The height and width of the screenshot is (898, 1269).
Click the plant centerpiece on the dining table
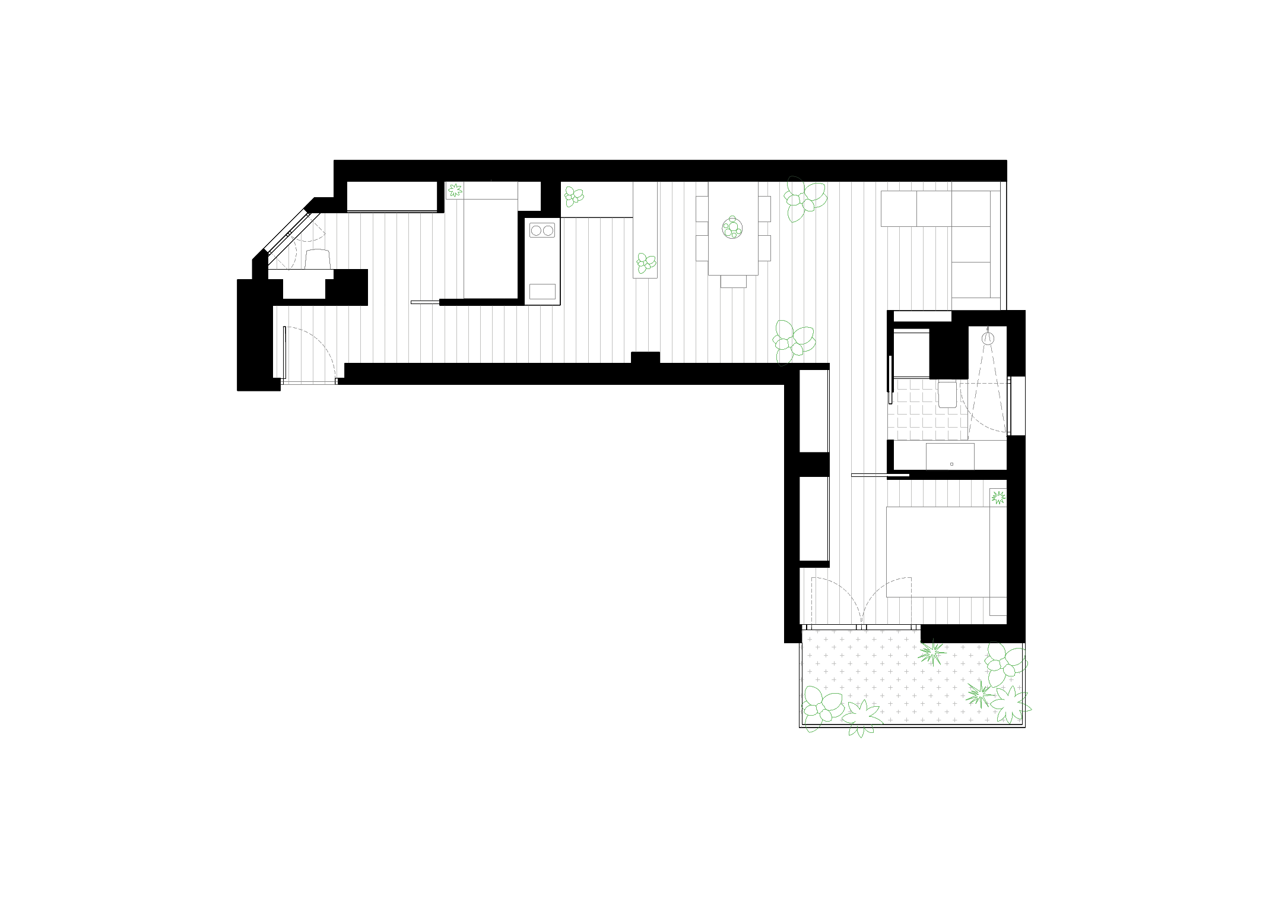pyautogui.click(x=733, y=227)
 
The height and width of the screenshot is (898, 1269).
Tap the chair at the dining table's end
pyautogui.click(x=733, y=281)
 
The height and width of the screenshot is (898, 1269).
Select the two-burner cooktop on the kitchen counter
pyautogui.click(x=542, y=230)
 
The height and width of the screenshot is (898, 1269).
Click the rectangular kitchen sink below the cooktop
pyautogui.click(x=542, y=291)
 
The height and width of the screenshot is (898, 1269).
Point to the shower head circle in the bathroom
pyautogui.click(x=987, y=339)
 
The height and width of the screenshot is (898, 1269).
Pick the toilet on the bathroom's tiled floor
pyautogui.click(x=947, y=394)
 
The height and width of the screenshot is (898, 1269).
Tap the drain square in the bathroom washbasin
pyautogui.click(x=951, y=464)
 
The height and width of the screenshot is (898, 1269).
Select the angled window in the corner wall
pyautogui.click(x=287, y=232)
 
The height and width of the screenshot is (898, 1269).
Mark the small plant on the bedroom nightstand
pyautogui.click(x=998, y=497)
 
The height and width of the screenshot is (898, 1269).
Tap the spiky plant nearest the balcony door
pyautogui.click(x=932, y=653)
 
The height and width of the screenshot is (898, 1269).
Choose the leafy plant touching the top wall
pyautogui.click(x=804, y=198)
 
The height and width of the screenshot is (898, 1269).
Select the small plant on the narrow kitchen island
pyautogui.click(x=646, y=263)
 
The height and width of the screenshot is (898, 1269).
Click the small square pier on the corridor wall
pyautogui.click(x=645, y=358)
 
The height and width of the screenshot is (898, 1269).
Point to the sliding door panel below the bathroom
pyautogui.click(x=880, y=475)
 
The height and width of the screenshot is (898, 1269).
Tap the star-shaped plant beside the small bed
pyautogui.click(x=455, y=190)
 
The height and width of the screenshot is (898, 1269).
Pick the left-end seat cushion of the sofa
pyautogui.click(x=899, y=208)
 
